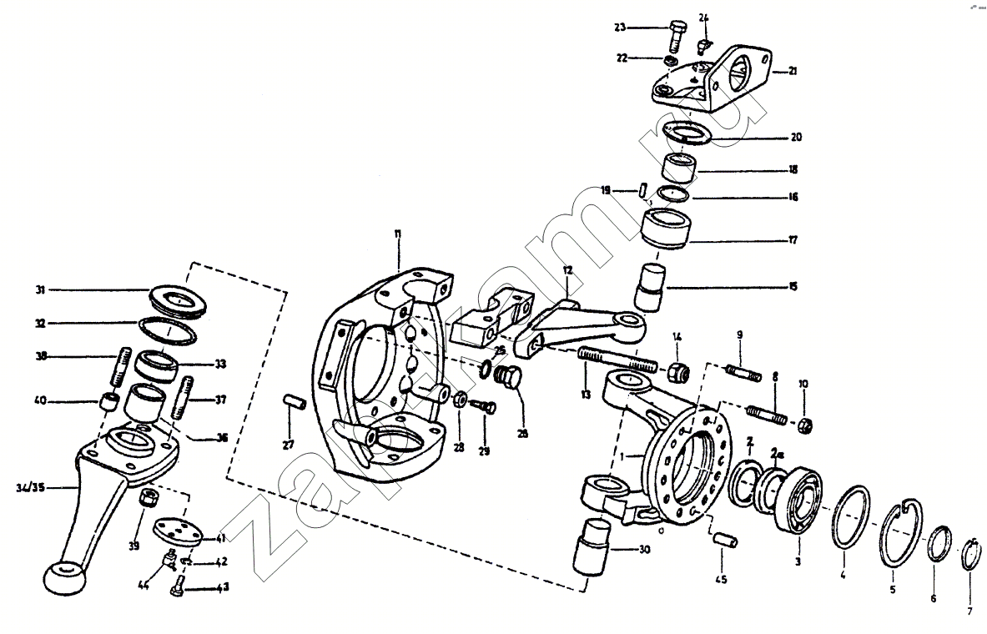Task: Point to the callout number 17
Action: coord(792,240)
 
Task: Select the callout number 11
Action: coord(398,236)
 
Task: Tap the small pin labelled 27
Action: coord(292,402)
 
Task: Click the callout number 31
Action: coord(39,290)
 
